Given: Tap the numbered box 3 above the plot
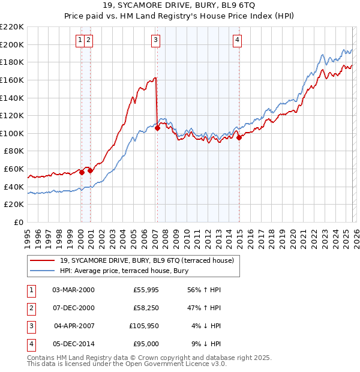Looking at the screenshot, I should click(x=155, y=40).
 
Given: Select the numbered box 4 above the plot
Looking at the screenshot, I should click(x=238, y=40).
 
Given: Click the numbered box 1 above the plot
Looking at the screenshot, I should click(x=80, y=40).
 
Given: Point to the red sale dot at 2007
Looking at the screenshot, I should click(x=157, y=127).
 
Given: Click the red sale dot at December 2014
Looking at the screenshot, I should click(x=239, y=137).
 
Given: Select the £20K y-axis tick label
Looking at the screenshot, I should click(x=14, y=204).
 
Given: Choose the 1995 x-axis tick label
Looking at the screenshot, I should click(x=28, y=235).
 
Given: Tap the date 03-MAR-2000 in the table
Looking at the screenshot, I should click(x=73, y=290).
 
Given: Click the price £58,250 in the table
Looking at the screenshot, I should click(x=146, y=308).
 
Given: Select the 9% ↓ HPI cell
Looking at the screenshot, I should click(x=205, y=344).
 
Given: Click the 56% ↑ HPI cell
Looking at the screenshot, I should click(x=205, y=290).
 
